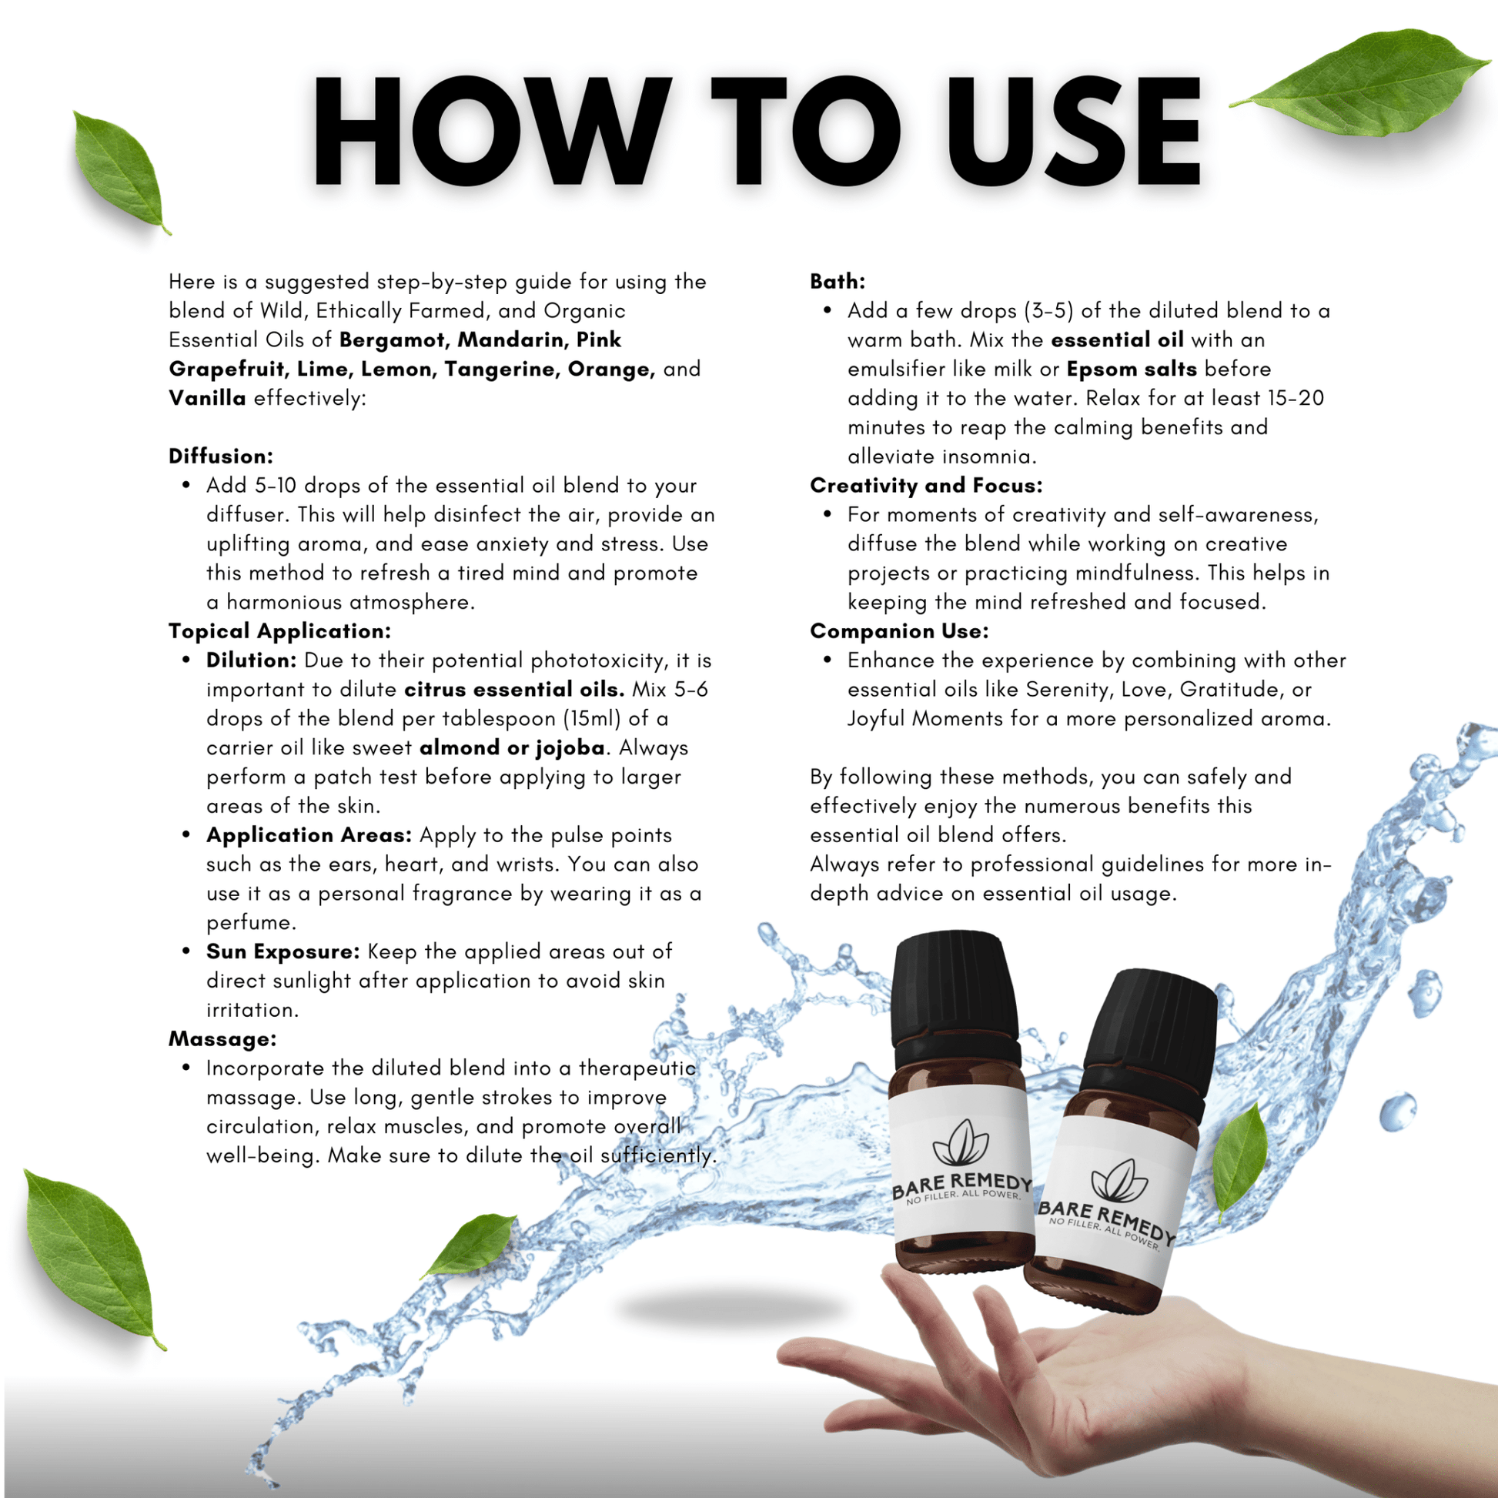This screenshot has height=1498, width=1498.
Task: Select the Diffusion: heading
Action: [x=221, y=456]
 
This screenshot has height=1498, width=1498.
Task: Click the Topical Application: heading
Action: [x=279, y=631]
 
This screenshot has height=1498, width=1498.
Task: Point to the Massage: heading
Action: [x=222, y=1039]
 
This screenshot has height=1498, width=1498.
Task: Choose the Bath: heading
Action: [x=838, y=282]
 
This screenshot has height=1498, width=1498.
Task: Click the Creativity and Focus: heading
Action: [x=926, y=486]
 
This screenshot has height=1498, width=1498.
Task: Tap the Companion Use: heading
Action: [x=899, y=631]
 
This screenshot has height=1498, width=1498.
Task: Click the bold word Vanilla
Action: [x=207, y=399]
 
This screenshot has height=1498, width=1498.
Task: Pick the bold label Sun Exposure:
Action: [x=283, y=951]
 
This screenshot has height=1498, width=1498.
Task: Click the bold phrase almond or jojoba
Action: [x=512, y=747]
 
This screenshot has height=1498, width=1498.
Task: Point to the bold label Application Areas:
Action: [x=309, y=835]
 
